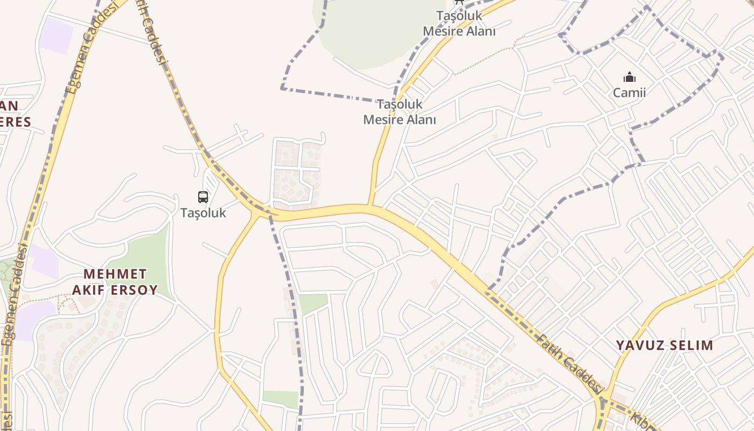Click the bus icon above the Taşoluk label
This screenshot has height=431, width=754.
click(203, 197)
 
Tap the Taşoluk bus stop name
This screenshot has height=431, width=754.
click(203, 213)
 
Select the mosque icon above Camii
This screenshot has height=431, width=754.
click(629, 78)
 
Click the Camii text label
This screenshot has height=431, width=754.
click(629, 93)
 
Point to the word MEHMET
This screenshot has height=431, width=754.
click(115, 274)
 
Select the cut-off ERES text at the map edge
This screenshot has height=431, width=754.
click(15, 122)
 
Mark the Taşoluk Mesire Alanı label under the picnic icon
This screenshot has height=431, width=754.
click(459, 24)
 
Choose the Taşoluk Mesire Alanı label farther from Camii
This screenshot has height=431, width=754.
click(399, 112)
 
